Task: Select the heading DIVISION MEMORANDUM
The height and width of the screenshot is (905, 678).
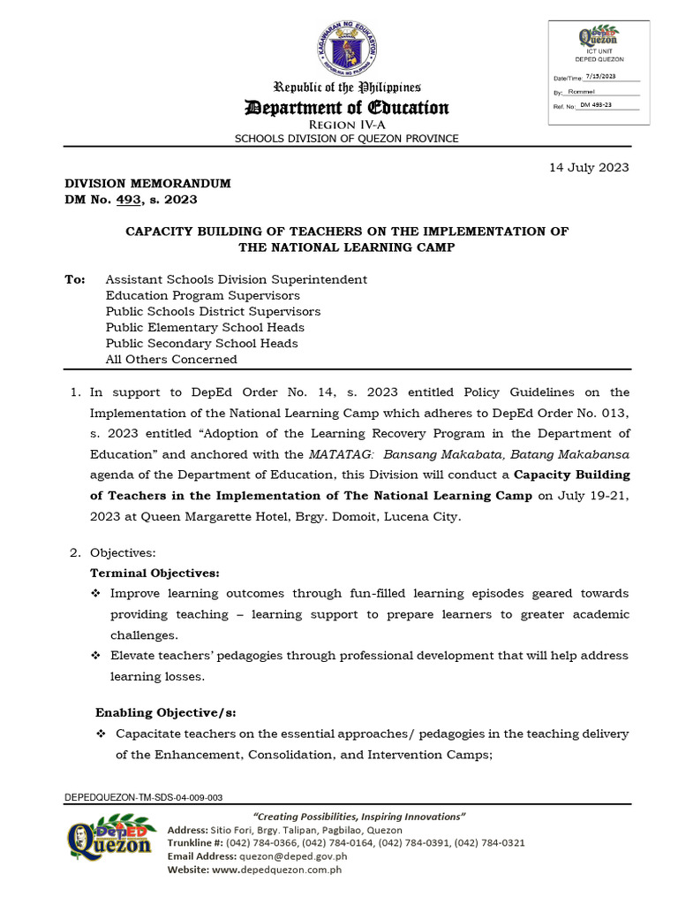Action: click(147, 183)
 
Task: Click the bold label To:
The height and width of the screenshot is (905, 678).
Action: click(75, 279)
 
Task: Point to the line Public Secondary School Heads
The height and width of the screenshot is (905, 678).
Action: click(201, 343)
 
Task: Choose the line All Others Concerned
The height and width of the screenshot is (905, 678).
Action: click(171, 359)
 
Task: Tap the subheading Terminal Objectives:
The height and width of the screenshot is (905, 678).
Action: click(155, 573)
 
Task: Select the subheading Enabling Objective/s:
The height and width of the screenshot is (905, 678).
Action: click(166, 712)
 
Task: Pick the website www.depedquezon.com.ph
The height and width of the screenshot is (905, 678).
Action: click(277, 870)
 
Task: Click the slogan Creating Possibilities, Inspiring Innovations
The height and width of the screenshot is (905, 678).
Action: click(359, 817)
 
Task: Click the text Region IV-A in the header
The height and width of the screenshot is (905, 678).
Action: click(346, 126)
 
